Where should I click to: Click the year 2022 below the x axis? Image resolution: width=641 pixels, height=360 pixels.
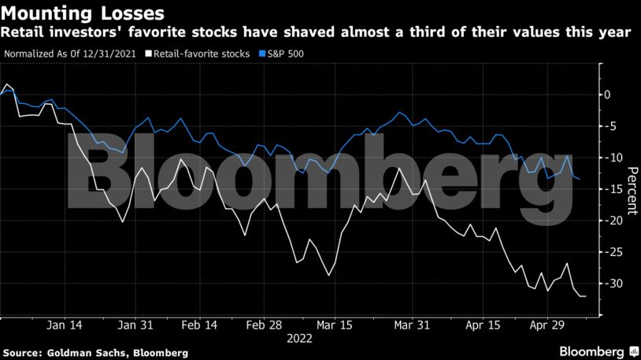(300, 339)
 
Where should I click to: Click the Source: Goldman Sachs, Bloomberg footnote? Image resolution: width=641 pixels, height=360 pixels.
(95, 351)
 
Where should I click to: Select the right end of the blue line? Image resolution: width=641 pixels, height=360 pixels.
(580, 180)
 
